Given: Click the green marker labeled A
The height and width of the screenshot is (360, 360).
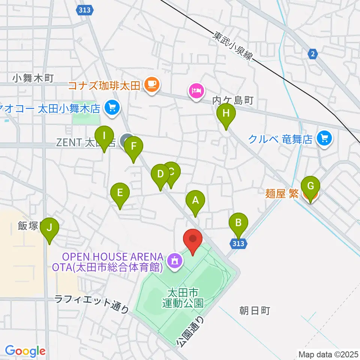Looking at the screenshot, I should [195, 201].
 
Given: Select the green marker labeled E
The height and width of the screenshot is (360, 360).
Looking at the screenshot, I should [120, 193].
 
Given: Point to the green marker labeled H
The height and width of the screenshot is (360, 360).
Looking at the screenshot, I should [226, 113].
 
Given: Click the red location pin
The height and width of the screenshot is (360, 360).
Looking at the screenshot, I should [193, 239].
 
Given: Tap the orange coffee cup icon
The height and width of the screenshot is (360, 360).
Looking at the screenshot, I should [151, 84].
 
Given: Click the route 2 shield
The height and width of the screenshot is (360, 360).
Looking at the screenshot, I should [312, 54].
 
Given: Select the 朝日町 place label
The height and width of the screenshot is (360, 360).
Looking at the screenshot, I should [255, 310].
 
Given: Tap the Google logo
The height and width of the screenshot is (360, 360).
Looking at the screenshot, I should [25, 351].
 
